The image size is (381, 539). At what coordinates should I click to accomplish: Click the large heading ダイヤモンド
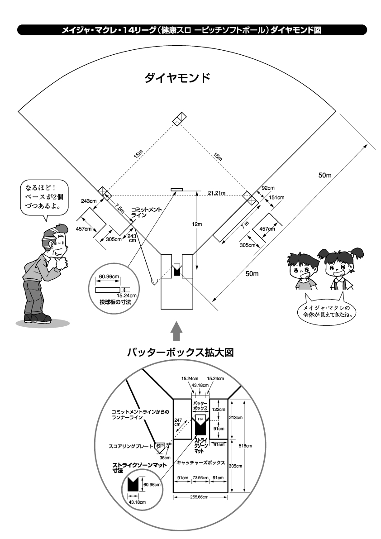[177, 77]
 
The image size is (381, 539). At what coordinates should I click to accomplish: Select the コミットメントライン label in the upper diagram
[144, 213]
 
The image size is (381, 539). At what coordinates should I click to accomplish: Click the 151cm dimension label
[276, 197]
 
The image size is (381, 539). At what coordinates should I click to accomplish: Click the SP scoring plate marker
[159, 446]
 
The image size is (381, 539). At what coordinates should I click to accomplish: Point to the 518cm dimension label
[245, 446]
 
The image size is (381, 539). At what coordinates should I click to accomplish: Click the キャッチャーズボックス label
[201, 463]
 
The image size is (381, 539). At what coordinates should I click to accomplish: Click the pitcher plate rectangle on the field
[176, 189]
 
